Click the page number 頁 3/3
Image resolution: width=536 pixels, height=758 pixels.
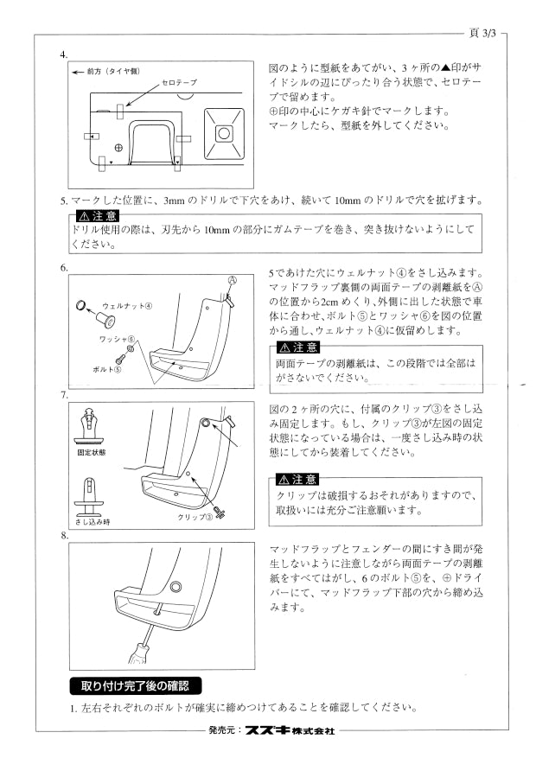[x=482, y=33]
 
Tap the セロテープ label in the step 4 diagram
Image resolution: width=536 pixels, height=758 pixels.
[x=179, y=82]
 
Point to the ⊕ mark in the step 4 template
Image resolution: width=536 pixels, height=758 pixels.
[x=118, y=148]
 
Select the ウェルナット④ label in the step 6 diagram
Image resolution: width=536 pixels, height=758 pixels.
[x=127, y=305]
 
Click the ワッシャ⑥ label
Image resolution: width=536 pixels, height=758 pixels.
[x=117, y=340]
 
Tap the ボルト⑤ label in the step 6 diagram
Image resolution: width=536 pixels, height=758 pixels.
[x=107, y=369]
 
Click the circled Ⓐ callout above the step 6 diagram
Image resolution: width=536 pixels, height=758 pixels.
[x=232, y=280]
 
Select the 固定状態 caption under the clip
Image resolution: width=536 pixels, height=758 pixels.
[x=92, y=453]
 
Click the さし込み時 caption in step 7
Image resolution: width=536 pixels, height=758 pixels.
[x=93, y=521]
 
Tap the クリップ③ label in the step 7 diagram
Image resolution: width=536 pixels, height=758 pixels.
[x=195, y=517]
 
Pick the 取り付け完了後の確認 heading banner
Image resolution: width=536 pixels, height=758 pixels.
[x=135, y=685]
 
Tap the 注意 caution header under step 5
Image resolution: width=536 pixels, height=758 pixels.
[x=98, y=215]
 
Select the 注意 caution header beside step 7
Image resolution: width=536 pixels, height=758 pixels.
[x=297, y=480]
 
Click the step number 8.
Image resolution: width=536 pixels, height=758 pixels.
[x=64, y=535]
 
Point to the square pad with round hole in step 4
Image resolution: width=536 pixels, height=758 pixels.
[x=224, y=133]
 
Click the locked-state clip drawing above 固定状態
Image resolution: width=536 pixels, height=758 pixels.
[x=91, y=426]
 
